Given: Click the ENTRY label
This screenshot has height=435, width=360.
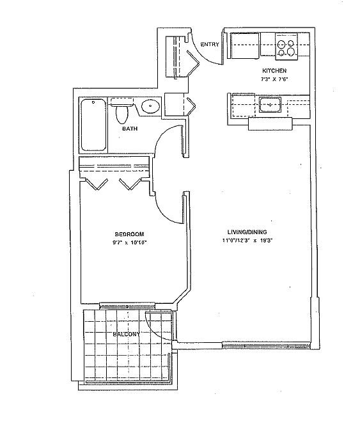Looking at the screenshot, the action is pos(210,44).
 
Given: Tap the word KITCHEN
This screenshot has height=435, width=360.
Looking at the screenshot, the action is pos(274,71).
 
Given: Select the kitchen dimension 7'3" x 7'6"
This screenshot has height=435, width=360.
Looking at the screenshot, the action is pos(274,79).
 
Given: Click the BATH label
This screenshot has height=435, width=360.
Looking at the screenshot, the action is pos(130,129).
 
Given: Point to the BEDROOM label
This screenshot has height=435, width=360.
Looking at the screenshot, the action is pos(130,234).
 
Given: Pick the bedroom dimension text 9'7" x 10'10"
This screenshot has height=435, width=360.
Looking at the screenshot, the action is pos(129,242).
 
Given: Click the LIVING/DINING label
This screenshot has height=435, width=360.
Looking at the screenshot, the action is pos(247,232).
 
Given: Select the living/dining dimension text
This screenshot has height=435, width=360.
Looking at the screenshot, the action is pos(247,241).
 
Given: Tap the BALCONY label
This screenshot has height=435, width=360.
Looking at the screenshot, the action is pos(126,335).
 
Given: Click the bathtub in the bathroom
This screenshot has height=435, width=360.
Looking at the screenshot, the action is pos(93,125).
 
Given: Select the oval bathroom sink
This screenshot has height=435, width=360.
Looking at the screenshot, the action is pos(151,106).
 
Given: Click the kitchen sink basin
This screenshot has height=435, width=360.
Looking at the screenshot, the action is pos(270,105).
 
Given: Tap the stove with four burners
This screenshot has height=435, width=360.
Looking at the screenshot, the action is pos(286,46).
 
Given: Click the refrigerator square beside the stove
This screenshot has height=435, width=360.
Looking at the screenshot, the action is pos(245,46).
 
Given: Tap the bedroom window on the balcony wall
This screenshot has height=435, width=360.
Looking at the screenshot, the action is pos(127,305).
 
